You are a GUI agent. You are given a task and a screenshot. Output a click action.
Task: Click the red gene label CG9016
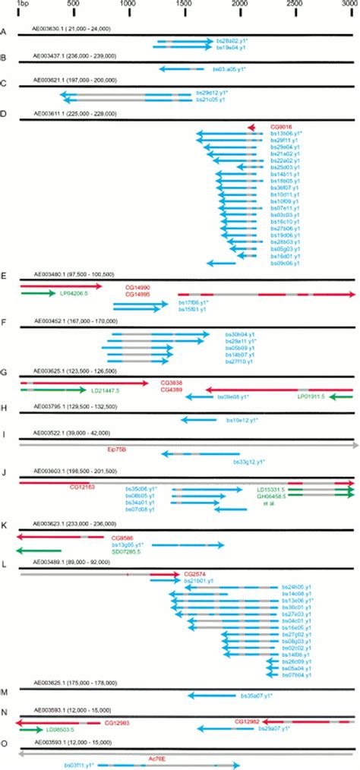coord(280,127)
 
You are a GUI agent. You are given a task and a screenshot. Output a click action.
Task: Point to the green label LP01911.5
coord(312,396)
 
